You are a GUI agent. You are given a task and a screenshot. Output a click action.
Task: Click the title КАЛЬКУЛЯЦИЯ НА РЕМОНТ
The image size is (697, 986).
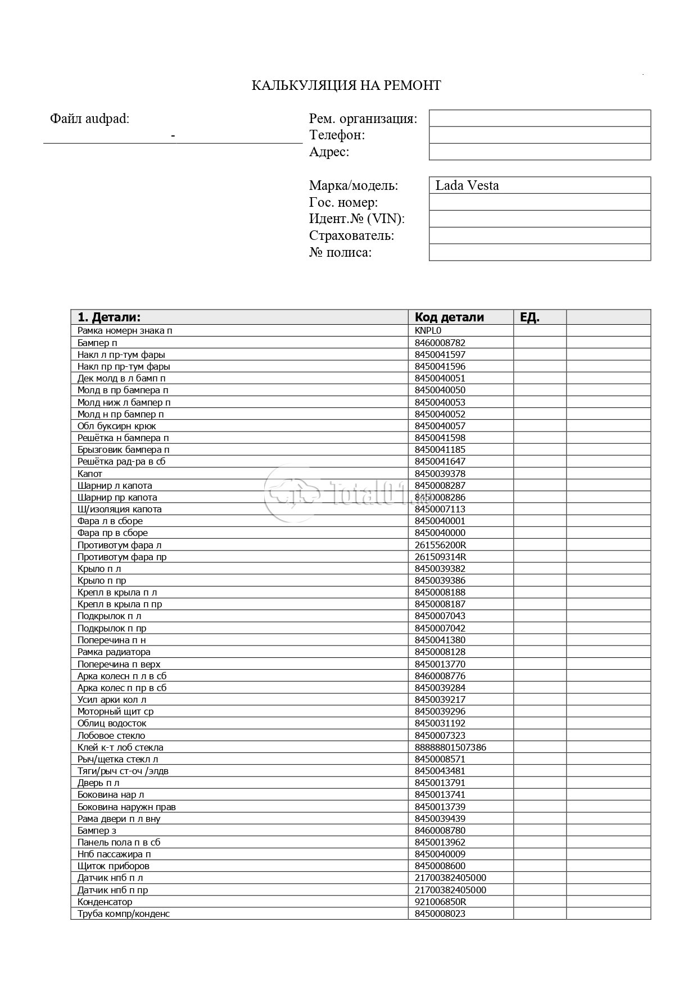tap(346, 85)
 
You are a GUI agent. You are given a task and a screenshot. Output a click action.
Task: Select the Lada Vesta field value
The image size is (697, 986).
tap(467, 185)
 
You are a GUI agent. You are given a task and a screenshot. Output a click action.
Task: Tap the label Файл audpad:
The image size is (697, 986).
tap(89, 119)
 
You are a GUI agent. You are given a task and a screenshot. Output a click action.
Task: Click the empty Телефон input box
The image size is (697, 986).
tap(540, 135)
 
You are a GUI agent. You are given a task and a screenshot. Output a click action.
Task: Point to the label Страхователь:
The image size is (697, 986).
tap(351, 235)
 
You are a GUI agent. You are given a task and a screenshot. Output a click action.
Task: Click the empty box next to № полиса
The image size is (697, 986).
tap(540, 252)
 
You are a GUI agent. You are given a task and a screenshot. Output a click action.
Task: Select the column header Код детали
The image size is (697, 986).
tap(449, 317)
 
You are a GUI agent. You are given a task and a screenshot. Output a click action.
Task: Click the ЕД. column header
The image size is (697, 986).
tap(529, 317)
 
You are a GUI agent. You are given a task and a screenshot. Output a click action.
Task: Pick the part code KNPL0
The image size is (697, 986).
tap(428, 330)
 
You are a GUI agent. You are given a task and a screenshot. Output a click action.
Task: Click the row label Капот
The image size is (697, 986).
tap(90, 474)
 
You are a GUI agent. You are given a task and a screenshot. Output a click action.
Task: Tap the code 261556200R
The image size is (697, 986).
tap(440, 545)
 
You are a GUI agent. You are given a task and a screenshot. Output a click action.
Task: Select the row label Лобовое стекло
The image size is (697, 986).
tap(111, 735)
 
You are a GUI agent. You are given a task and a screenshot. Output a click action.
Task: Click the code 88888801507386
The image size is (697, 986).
tap(450, 747)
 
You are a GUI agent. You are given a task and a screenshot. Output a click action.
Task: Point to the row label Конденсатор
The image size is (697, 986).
tap(105, 902)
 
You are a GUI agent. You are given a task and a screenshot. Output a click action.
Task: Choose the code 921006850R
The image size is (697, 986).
tap(440, 902)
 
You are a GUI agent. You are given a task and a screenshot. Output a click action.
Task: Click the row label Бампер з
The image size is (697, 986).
tap(97, 830)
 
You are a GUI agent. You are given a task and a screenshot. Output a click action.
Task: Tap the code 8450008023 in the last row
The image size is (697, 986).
tap(440, 914)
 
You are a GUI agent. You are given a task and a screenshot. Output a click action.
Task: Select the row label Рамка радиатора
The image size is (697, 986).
tap(114, 652)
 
